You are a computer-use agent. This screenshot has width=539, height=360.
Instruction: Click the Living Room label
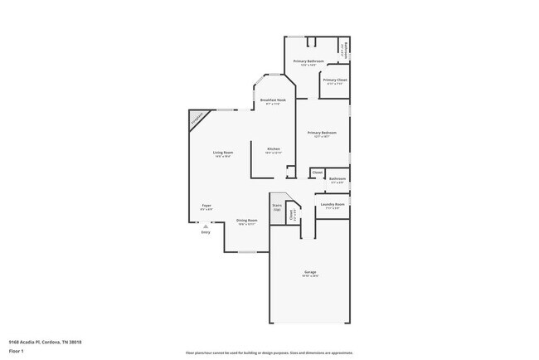(222, 152)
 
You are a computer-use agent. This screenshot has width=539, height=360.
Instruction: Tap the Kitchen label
(274, 148)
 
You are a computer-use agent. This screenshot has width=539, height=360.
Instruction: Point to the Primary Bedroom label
(322, 132)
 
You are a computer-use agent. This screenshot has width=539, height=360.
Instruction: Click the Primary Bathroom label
(309, 61)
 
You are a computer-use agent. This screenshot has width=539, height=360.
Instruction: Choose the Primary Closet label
(335, 80)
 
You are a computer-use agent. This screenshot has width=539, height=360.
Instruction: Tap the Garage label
(309, 272)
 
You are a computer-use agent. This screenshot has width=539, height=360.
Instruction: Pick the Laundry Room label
(333, 203)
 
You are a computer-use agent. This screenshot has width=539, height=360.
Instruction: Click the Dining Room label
(247, 221)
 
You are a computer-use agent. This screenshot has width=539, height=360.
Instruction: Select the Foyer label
(206, 206)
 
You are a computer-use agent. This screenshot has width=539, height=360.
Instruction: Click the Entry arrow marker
(206, 226)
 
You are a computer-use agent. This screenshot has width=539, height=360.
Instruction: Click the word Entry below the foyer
(206, 232)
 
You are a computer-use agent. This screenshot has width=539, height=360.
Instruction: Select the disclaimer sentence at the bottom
(269, 352)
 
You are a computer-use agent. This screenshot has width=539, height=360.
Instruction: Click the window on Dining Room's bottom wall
(247, 251)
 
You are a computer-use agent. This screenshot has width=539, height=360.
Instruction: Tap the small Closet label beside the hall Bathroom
(318, 173)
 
